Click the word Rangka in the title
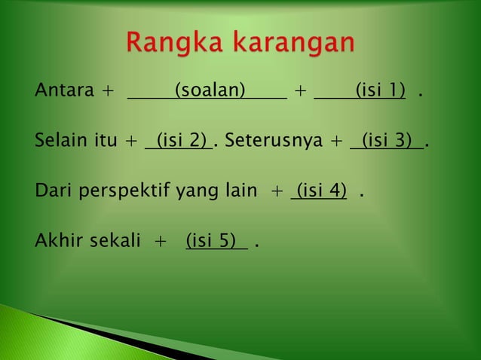pos(173,44)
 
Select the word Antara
pos(64,92)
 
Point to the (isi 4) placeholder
pos(321,191)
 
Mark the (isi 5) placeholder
pos(216,242)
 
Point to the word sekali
pos(112,242)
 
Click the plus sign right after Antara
pos(109,93)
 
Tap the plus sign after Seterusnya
pos(336,142)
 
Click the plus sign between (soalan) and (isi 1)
pos(300,93)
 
